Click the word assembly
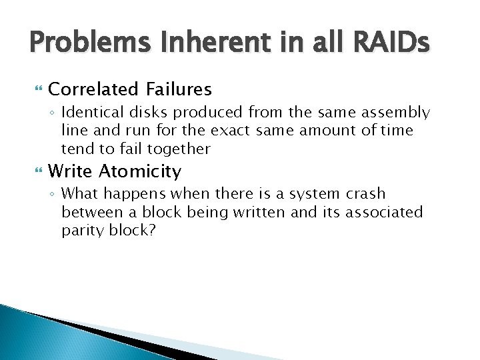[x=396, y=113]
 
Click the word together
[x=179, y=149]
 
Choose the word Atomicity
[x=140, y=171]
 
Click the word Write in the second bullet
[x=71, y=171]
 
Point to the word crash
[x=365, y=194]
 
